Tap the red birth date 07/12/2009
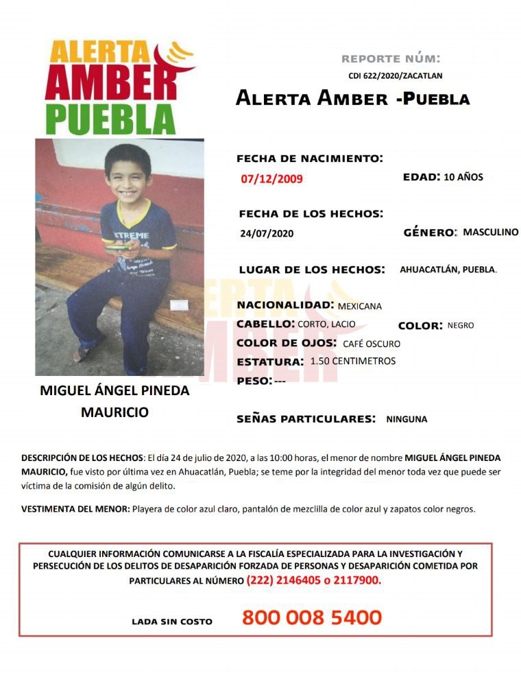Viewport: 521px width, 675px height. click(271, 180)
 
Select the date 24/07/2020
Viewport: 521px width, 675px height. click(267, 233)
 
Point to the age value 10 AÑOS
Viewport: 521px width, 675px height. click(463, 177)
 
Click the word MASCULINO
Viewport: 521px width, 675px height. click(490, 233)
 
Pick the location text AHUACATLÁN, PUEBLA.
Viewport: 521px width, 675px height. click(448, 270)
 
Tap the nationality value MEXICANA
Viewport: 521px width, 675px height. click(360, 306)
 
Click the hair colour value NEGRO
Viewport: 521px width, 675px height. click(461, 325)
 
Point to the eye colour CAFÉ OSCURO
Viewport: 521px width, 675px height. click(371, 344)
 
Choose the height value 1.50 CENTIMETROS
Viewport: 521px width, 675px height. click(352, 361)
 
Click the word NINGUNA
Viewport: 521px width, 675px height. click(407, 418)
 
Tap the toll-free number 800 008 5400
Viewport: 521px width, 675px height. click(311, 617)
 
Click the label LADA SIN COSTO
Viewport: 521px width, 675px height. click(172, 621)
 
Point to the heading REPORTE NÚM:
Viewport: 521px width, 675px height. click(391, 58)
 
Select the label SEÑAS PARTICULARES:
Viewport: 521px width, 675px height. click(306, 418)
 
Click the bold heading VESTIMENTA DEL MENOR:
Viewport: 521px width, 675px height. click(75, 509)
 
